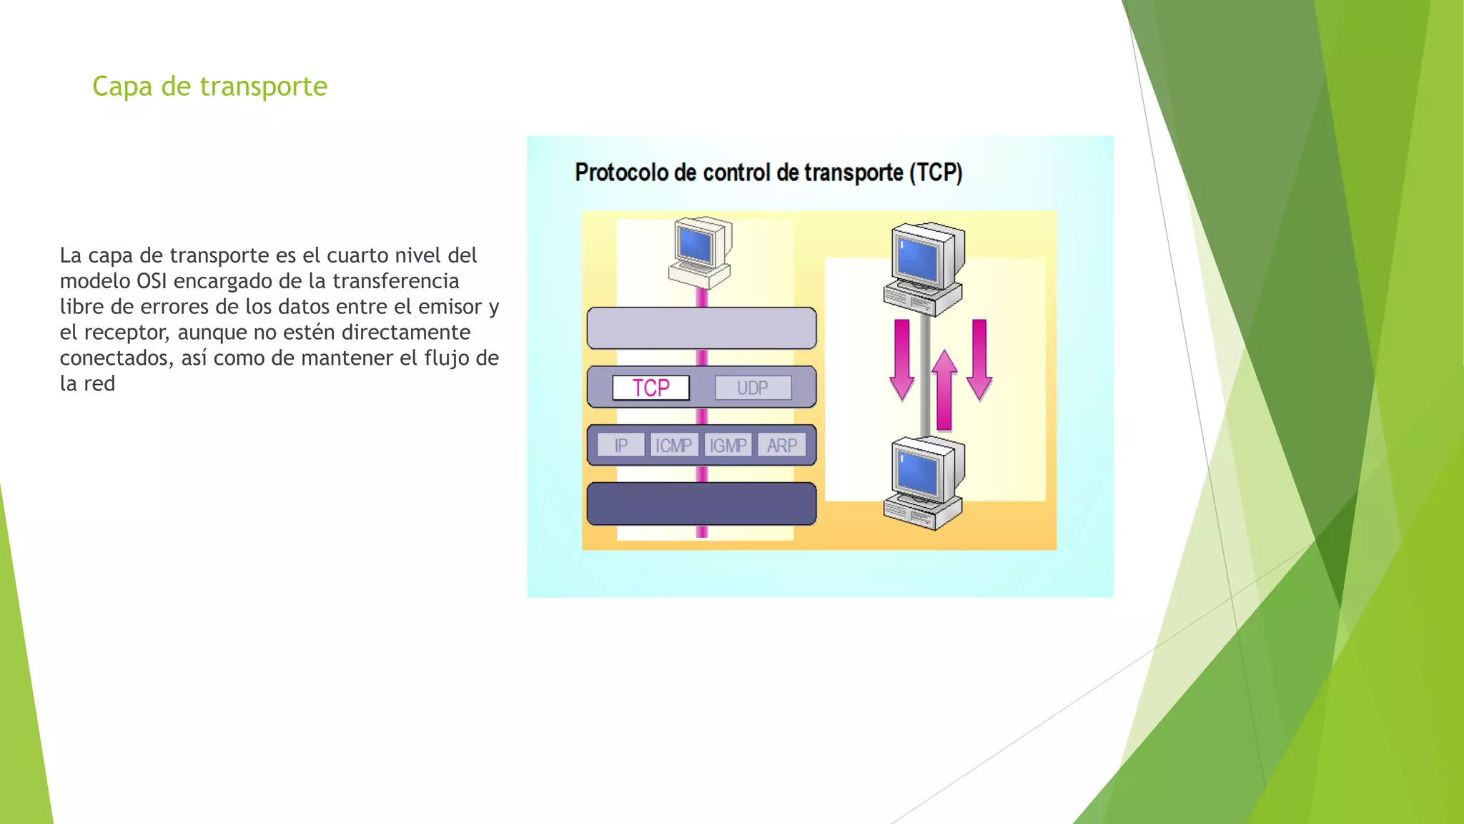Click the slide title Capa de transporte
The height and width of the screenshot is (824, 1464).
(209, 87)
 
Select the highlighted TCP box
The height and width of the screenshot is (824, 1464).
(651, 388)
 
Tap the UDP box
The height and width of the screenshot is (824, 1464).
(753, 388)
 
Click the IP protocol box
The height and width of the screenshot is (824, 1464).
(620, 446)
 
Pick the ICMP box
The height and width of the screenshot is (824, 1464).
(673, 446)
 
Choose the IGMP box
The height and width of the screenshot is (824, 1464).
(728, 446)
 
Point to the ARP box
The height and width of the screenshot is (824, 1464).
(781, 446)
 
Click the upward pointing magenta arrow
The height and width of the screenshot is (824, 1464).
(944, 390)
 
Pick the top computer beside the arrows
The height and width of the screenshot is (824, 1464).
(924, 268)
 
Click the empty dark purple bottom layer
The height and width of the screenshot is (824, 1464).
(701, 504)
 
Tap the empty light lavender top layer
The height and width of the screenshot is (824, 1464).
(701, 328)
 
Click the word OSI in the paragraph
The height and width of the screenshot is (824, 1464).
(151, 281)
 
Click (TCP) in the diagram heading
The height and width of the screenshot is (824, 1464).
(936, 172)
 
